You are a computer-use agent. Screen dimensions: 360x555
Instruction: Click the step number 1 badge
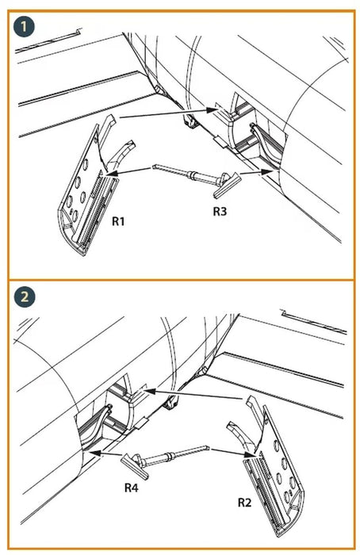24,27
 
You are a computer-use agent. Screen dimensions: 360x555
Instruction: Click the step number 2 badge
24,297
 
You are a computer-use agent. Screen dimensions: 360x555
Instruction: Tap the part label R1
118,221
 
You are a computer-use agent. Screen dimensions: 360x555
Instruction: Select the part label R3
220,212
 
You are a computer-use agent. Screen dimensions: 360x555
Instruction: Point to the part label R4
131,488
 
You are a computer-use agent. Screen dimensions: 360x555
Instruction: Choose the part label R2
244,502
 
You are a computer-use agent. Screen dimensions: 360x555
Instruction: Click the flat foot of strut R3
227,185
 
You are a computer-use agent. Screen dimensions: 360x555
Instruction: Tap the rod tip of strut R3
154,166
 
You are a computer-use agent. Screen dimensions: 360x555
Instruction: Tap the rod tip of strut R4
208,447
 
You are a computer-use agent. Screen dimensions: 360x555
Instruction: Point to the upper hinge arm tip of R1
112,118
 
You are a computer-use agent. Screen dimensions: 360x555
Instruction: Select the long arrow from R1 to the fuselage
168,113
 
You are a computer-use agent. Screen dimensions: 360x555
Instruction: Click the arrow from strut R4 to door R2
232,452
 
